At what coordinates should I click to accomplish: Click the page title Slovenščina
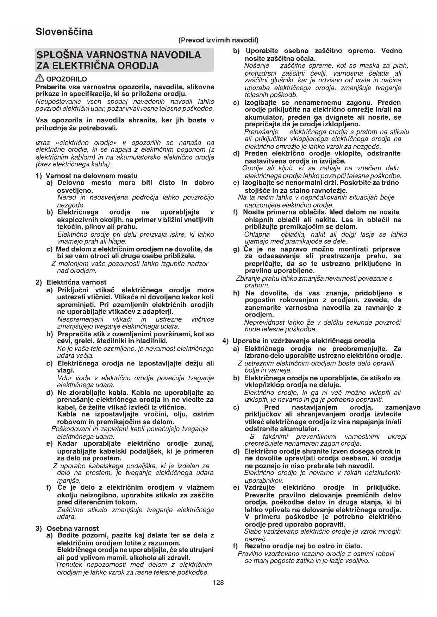click(64, 32)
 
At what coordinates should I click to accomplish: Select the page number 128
click(218, 583)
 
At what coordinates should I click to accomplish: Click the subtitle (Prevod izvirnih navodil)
click(218, 40)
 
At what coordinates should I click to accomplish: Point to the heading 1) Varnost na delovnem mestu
click(87, 176)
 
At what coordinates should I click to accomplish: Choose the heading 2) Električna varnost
click(71, 282)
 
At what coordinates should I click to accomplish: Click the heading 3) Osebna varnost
click(68, 528)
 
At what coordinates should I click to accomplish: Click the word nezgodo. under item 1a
click(71, 205)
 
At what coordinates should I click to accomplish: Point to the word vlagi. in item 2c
click(66, 370)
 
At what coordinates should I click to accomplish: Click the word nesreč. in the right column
click(256, 539)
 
